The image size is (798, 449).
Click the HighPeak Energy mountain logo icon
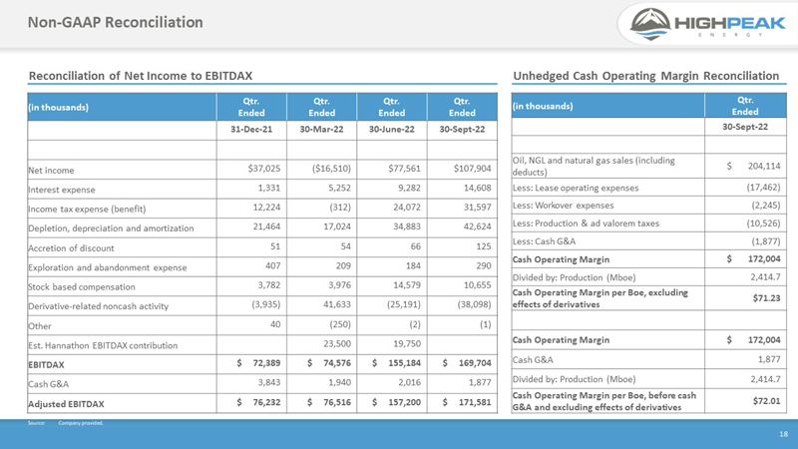[x=650, y=24]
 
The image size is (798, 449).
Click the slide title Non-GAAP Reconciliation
[x=116, y=22]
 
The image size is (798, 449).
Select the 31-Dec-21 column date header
[x=251, y=130]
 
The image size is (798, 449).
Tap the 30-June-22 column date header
[x=392, y=130]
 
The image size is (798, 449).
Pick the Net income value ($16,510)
[x=331, y=169]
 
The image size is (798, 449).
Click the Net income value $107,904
[x=472, y=169]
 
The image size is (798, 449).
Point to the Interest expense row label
[x=62, y=190]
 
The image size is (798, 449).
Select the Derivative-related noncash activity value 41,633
[x=337, y=304]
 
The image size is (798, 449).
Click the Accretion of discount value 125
[x=484, y=246]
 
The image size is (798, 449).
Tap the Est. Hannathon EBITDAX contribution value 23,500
[x=337, y=343]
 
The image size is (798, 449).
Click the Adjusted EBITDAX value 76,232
[x=266, y=402]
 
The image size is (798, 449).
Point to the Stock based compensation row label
[x=82, y=287]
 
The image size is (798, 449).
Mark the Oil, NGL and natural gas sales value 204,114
[x=764, y=166]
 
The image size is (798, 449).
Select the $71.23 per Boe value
[x=766, y=297]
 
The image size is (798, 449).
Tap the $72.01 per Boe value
[x=766, y=401]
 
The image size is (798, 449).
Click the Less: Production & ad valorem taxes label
[x=586, y=224]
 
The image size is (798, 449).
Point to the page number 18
[x=783, y=434]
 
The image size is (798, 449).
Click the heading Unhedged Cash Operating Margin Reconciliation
[x=645, y=76]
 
